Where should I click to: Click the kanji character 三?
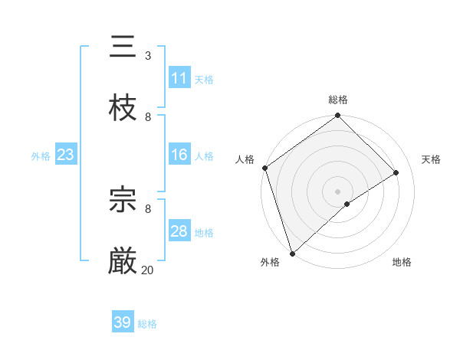pos(123,47)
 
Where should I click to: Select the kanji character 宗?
pos(123,200)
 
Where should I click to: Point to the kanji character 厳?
pos(123,261)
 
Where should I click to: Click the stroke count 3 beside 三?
pos(147,55)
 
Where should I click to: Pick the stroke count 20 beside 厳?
pos(147,270)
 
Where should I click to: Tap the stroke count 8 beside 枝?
pos(147,116)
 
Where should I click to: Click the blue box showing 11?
pos(179,78)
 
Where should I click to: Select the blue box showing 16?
pos(179,155)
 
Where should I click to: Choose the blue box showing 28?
pos(179,231)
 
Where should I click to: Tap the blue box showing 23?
pos(65,155)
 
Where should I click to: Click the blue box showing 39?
pos(122,322)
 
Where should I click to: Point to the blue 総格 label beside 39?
pos(147,324)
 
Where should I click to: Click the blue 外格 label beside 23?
pos(41,156)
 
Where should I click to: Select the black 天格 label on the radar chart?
pos(431,159)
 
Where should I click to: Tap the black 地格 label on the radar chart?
pos(402,262)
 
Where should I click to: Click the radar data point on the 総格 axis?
pos(337,116)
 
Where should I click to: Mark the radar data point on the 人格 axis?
pos(264,168)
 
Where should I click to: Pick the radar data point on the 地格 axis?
pos(347,204)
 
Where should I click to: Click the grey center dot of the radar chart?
pos(337,191)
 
